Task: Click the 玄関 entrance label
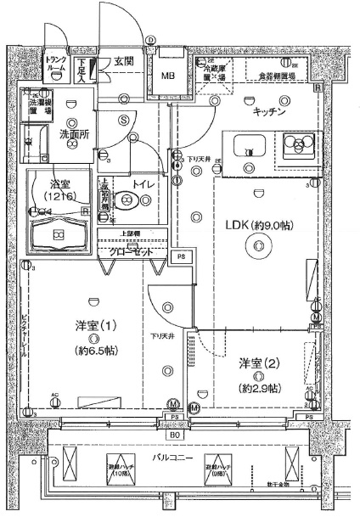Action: [121, 62]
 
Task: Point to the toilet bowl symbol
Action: [128, 200]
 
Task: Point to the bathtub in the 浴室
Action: [59, 233]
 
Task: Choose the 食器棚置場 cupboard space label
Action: [282, 76]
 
